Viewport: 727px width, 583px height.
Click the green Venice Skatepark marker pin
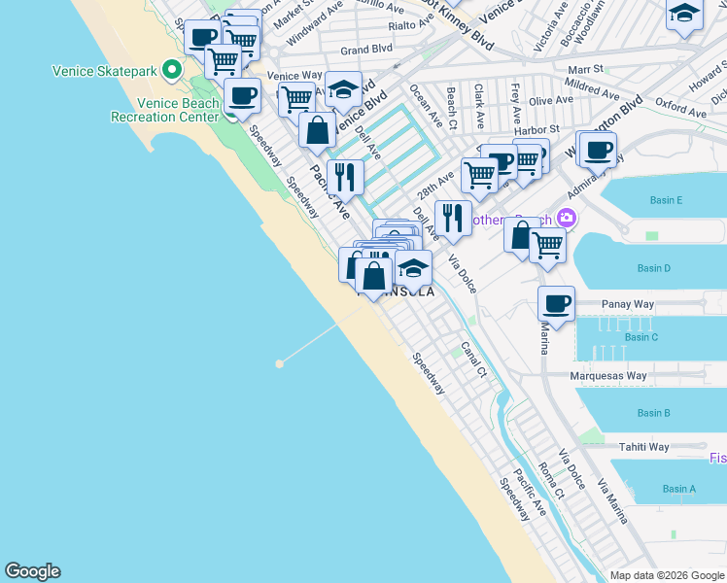coord(172,70)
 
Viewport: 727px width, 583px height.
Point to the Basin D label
coord(653,268)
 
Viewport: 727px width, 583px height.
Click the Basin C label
coord(641,337)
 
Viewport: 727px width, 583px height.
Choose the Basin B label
coord(653,413)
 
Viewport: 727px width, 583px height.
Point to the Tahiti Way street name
coord(644,447)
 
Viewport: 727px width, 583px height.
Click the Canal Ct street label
coord(473,359)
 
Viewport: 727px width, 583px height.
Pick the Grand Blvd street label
coord(365,48)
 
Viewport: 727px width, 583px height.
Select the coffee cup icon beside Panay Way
coord(557,303)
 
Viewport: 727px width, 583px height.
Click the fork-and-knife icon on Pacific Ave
coord(345,176)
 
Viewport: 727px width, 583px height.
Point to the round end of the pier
coord(279,363)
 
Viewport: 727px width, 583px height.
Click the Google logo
coord(32,571)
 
